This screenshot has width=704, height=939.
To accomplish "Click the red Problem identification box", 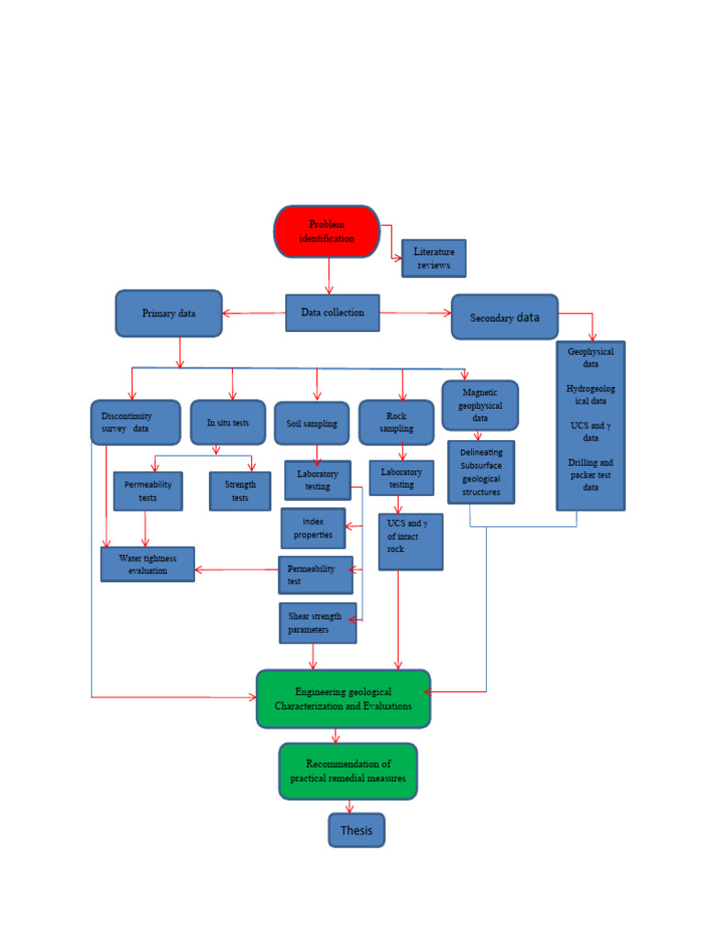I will pos(326,231).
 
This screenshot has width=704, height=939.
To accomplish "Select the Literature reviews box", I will pos(434,259).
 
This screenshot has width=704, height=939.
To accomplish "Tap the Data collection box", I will pos(332,313).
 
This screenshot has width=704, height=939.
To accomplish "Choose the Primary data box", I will pos(169,314).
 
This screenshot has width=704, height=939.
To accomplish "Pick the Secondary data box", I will pos(504,317).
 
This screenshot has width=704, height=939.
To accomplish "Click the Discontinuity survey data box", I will pos(133,422).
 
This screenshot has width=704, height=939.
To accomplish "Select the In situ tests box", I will pos(227,423).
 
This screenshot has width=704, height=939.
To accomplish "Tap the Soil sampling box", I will pos(312,424).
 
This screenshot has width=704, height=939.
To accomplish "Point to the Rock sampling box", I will pos(396,423).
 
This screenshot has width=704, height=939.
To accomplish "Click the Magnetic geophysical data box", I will pos(479,405).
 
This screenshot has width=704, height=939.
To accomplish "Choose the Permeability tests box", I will pos(148,492).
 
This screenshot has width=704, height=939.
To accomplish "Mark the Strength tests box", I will pos(240,492).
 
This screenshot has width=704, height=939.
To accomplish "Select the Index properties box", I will pos(313,528).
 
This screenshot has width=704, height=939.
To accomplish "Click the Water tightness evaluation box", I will pos(148,564).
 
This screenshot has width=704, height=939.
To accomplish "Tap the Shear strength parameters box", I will pos(317,623).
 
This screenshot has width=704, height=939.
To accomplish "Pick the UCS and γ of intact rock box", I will pos(410,542).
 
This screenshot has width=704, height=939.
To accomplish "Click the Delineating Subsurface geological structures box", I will pos(481,472).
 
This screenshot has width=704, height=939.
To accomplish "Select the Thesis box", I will pos(357,830).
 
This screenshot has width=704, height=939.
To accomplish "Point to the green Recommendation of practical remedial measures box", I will pos(347,771).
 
